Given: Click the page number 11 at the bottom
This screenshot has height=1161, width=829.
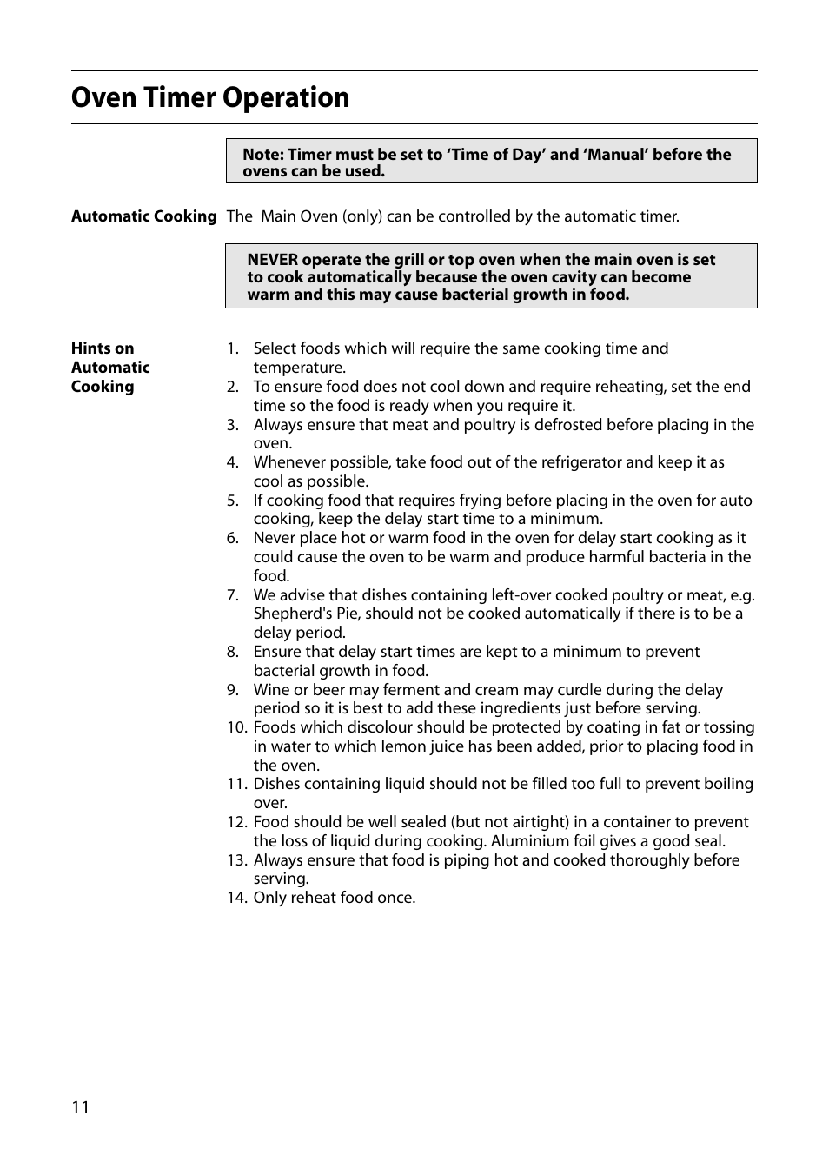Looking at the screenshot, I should [80, 1107].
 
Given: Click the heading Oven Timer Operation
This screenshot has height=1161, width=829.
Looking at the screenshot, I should [210, 97].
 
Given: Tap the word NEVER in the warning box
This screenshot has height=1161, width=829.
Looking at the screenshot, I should [272, 260].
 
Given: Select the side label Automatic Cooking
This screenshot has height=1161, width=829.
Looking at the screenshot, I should [143, 216].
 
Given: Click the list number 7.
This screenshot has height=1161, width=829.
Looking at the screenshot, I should [232, 595].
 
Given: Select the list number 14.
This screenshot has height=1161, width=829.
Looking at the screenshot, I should [236, 898].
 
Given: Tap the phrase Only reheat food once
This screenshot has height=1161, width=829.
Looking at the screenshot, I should [335, 898].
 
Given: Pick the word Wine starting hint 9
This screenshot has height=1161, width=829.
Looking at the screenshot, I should [271, 690].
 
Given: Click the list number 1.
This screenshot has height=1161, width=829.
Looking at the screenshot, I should [232, 348].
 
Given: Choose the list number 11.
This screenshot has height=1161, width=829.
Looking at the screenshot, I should [236, 784].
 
